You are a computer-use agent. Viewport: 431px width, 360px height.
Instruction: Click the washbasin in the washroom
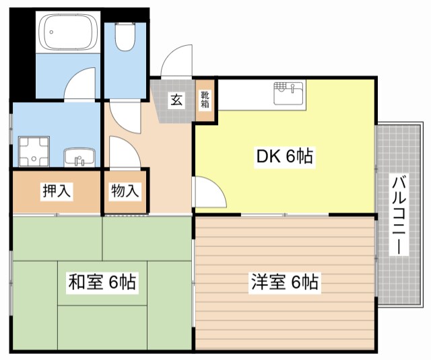click(79, 158)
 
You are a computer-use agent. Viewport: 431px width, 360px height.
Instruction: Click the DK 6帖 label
click(283, 157)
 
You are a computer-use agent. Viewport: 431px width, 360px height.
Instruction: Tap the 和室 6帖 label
click(102, 282)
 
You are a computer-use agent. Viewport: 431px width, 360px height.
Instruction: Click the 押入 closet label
click(57, 191)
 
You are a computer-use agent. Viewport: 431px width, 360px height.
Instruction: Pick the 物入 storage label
click(125, 191)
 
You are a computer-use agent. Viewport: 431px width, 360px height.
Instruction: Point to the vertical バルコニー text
click(399, 213)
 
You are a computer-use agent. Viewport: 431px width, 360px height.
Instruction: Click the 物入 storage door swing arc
click(123, 151)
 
